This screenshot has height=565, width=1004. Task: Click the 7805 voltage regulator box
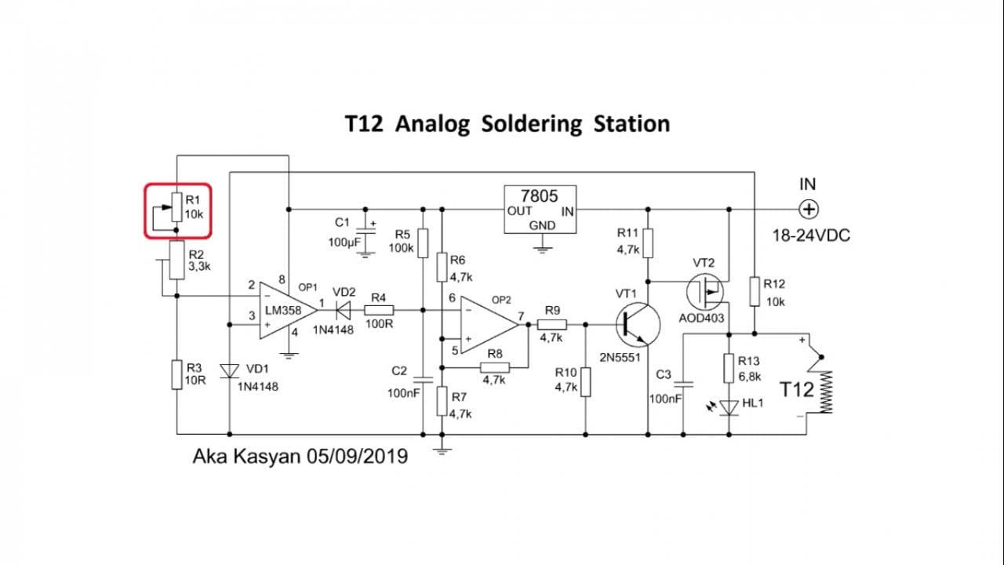click(540, 210)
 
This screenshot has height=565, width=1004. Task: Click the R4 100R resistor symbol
click(379, 309)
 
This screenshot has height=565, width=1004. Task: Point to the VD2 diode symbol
click(342, 309)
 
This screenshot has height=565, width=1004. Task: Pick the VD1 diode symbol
click(229, 370)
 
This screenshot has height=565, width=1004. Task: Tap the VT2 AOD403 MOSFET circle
click(705, 292)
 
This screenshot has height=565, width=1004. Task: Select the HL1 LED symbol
click(729, 407)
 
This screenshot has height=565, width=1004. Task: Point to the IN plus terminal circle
click(809, 210)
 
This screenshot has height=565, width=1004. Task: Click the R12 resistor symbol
click(754, 291)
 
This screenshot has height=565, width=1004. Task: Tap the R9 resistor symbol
click(551, 323)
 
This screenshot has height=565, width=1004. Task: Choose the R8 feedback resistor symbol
click(494, 366)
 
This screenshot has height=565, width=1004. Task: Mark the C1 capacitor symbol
click(365, 234)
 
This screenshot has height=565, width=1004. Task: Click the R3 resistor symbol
click(177, 374)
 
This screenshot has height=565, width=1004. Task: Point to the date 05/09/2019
click(358, 456)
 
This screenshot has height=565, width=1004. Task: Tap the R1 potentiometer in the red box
click(176, 210)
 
